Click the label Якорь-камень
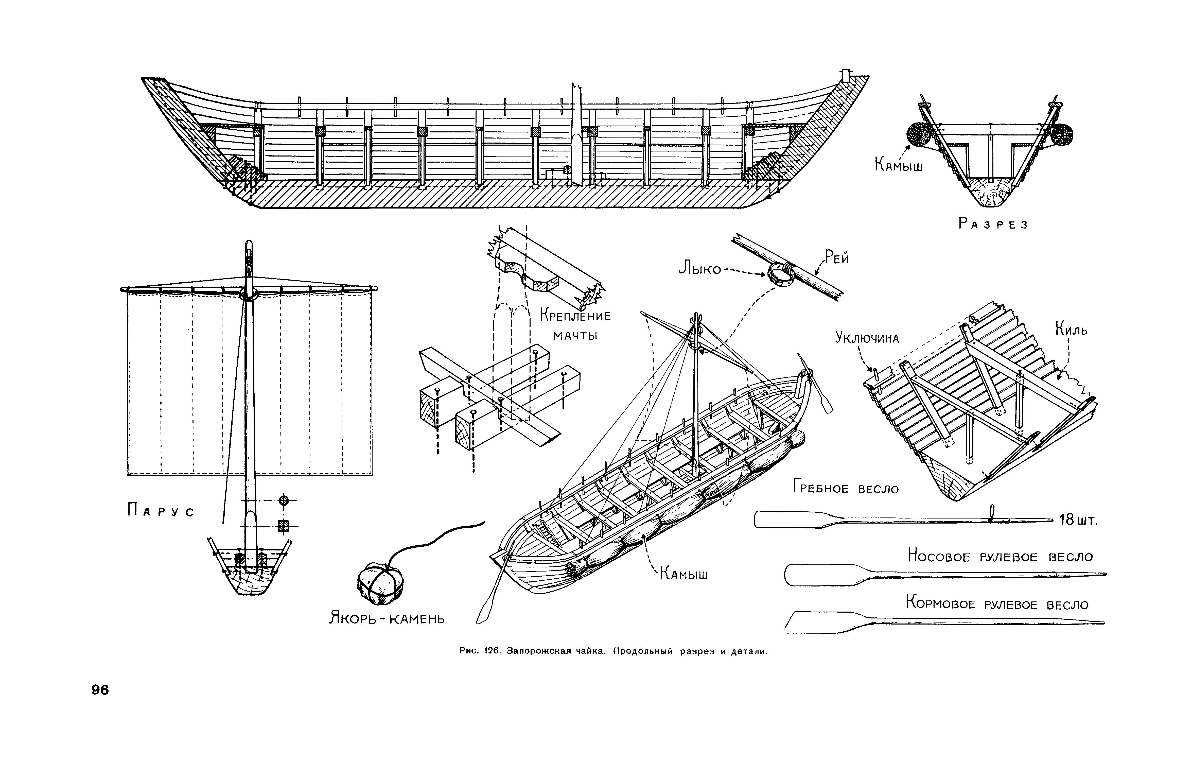pyautogui.click(x=387, y=618)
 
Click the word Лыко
pyautogui.click(x=700, y=269)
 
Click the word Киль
pyautogui.click(x=1071, y=329)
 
